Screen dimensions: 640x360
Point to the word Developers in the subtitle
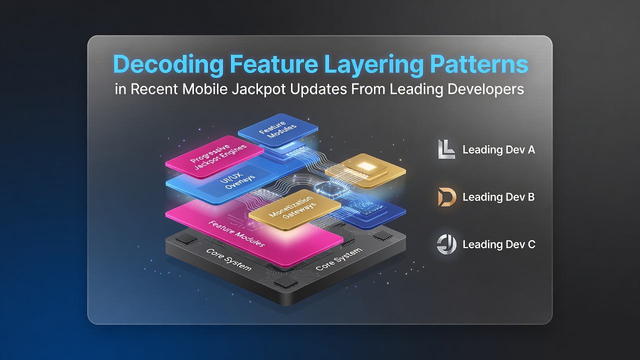coord(485,89)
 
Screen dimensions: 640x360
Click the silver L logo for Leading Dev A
coord(446,149)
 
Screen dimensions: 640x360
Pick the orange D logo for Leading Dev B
coord(446,197)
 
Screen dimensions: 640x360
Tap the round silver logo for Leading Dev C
coord(446,244)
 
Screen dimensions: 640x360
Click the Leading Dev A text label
coord(498,149)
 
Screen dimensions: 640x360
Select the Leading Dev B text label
coord(498,197)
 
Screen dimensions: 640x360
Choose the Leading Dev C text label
coord(499,244)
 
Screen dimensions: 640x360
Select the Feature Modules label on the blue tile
coord(277,129)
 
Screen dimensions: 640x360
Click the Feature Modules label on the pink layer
coord(236,233)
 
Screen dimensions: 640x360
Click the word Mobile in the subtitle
coord(205,89)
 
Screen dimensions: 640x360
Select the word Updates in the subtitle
coord(318,89)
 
